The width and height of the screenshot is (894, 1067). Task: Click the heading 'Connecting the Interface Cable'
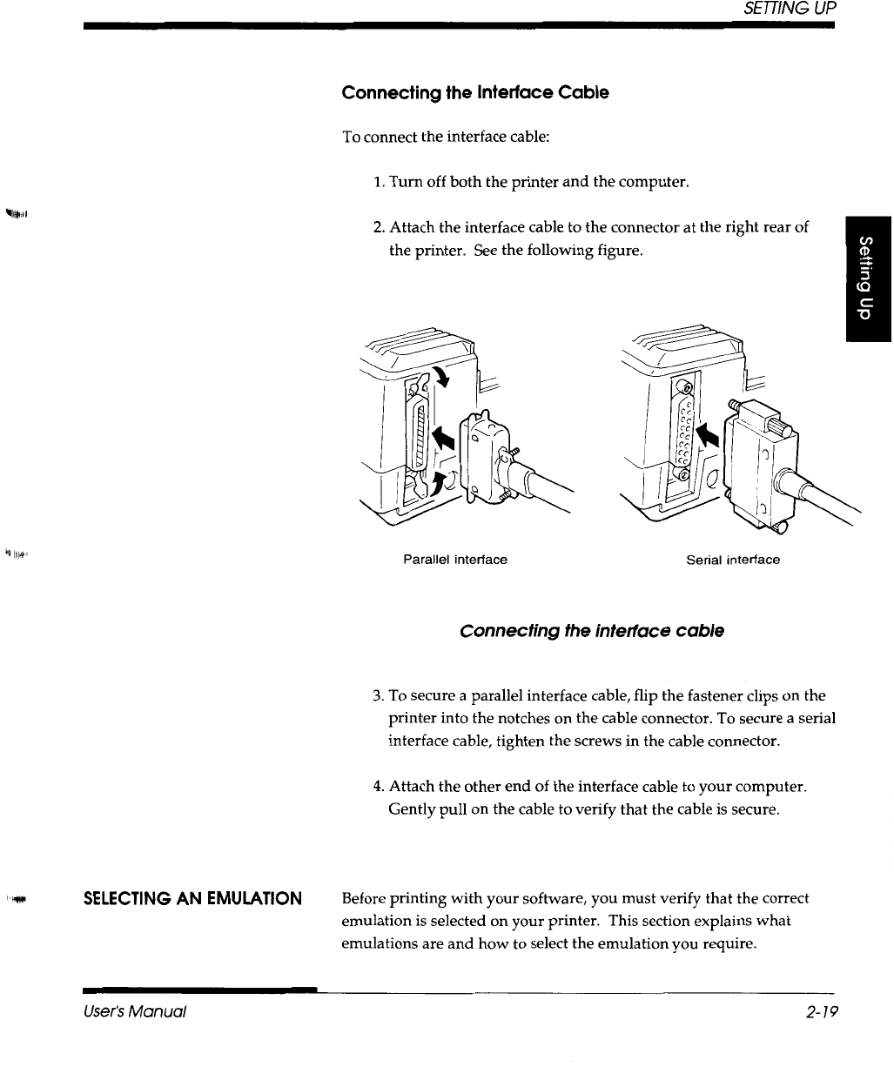coord(475,92)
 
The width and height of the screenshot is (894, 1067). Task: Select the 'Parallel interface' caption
coord(454,560)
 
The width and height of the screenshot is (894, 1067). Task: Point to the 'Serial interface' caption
coord(733,560)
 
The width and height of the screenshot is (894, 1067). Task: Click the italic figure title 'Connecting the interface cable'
coord(592,630)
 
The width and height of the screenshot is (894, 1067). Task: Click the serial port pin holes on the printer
coord(685,427)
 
